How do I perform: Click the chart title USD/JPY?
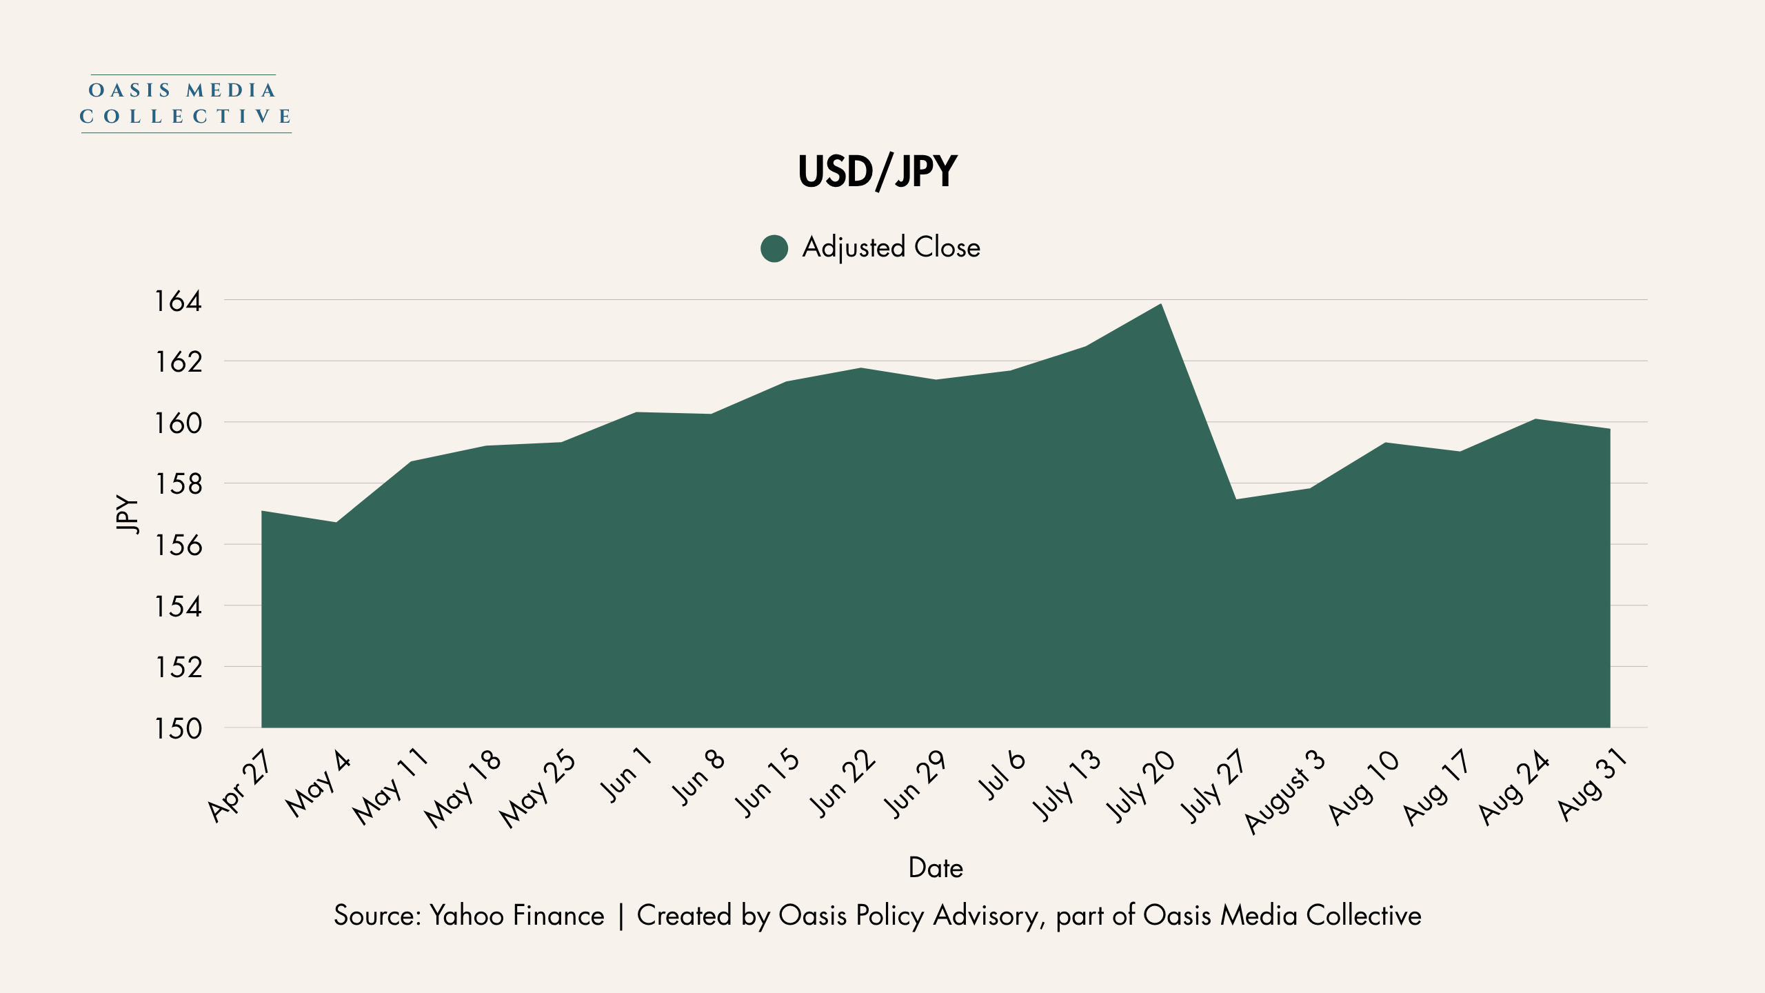coord(878,172)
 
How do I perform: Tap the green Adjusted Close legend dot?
coord(774,248)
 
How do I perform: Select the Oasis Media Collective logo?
coord(185,103)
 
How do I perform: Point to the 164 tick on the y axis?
coord(178,301)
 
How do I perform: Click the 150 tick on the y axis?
coord(178,728)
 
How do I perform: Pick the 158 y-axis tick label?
coord(178,484)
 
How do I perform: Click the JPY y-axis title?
coord(127,514)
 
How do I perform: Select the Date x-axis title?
coord(936,867)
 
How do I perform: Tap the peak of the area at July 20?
coord(1161,304)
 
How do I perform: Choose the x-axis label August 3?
coord(1284,792)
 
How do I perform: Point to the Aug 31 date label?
coord(1593,785)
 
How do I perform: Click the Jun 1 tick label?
coord(626,776)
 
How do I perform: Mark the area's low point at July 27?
coord(1236,499)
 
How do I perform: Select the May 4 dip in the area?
coord(336,523)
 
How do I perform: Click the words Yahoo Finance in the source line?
coord(517,916)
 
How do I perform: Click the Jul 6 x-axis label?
coord(1002,775)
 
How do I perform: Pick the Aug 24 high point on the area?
coord(1535,419)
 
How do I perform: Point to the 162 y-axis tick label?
coord(178,362)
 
